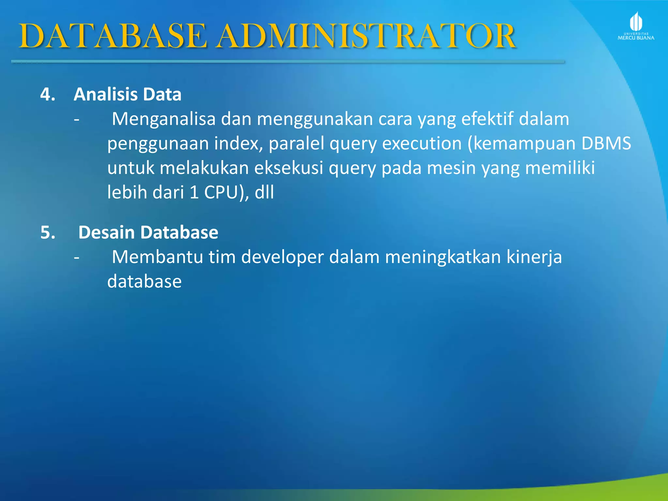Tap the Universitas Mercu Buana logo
[636, 26]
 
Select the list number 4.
[48, 95]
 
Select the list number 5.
[48, 233]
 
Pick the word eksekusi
[289, 168]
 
